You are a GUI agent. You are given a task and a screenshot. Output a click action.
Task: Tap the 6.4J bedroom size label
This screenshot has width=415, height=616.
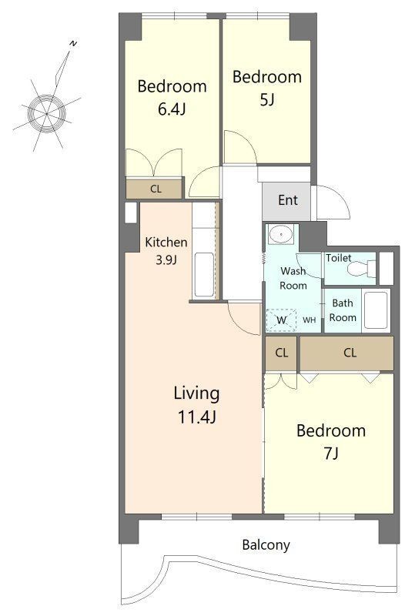(x=172, y=109)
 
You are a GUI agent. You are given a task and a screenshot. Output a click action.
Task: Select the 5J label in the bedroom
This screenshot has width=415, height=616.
(x=267, y=100)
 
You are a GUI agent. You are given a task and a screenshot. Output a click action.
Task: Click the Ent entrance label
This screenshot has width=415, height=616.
(x=288, y=200)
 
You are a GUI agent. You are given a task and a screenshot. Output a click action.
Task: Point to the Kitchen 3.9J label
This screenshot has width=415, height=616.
(x=166, y=251)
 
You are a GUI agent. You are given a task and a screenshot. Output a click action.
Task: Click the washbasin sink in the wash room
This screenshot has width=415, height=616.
(x=281, y=234)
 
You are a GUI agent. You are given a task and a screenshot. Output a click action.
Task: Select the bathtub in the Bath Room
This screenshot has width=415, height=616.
(x=375, y=310)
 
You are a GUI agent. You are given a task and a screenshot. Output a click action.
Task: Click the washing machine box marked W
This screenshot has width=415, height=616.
(x=281, y=320)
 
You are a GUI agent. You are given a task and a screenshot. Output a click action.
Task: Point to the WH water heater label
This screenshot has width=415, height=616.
(x=310, y=320)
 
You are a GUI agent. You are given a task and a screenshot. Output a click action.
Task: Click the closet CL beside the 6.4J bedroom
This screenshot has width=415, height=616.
(x=155, y=189)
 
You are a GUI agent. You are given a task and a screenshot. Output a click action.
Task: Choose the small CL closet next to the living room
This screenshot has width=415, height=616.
(x=281, y=353)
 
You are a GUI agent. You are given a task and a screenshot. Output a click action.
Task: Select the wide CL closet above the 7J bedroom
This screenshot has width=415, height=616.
(x=346, y=353)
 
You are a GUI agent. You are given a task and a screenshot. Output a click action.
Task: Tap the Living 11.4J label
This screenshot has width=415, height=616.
(x=196, y=405)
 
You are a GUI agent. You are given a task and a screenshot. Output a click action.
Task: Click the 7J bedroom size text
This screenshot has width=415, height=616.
(x=331, y=454)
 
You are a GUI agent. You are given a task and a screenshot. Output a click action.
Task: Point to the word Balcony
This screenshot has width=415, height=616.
(x=266, y=545)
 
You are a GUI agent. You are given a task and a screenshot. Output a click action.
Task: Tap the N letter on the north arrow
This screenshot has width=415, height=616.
(x=73, y=43)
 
